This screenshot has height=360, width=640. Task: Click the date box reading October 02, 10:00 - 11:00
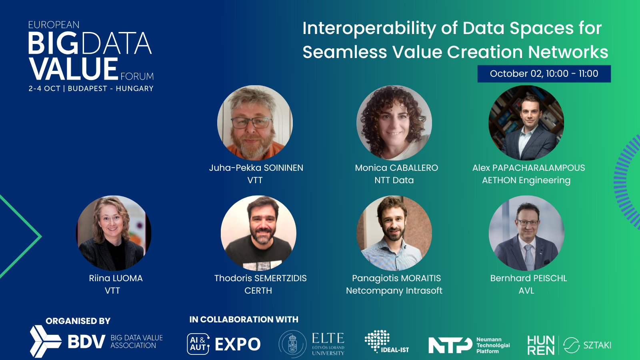[544, 74]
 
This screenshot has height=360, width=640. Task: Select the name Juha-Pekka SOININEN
[256, 168]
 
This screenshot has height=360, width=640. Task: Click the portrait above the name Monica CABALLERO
[394, 123]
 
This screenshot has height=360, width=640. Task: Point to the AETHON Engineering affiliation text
[526, 180]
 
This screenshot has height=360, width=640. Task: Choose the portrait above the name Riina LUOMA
[114, 233]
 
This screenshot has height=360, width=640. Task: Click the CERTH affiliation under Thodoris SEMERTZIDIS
[258, 291]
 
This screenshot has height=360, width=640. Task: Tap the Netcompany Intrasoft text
[394, 291]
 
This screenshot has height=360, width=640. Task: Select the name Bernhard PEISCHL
[528, 278]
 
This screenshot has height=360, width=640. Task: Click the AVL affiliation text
[526, 291]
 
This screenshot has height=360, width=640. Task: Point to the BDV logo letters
[86, 342]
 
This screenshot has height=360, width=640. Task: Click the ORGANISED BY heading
[78, 321]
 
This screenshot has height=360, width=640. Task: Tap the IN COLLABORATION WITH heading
[244, 320]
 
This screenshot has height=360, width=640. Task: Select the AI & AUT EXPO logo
[224, 344]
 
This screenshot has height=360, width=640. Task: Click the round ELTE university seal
[293, 344]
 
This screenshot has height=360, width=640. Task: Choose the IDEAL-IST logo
[386, 342]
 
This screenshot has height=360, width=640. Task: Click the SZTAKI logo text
[597, 345]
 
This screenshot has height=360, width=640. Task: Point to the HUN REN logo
[541, 345]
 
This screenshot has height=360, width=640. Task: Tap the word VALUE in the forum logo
[74, 69]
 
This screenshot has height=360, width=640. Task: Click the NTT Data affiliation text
[394, 180]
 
